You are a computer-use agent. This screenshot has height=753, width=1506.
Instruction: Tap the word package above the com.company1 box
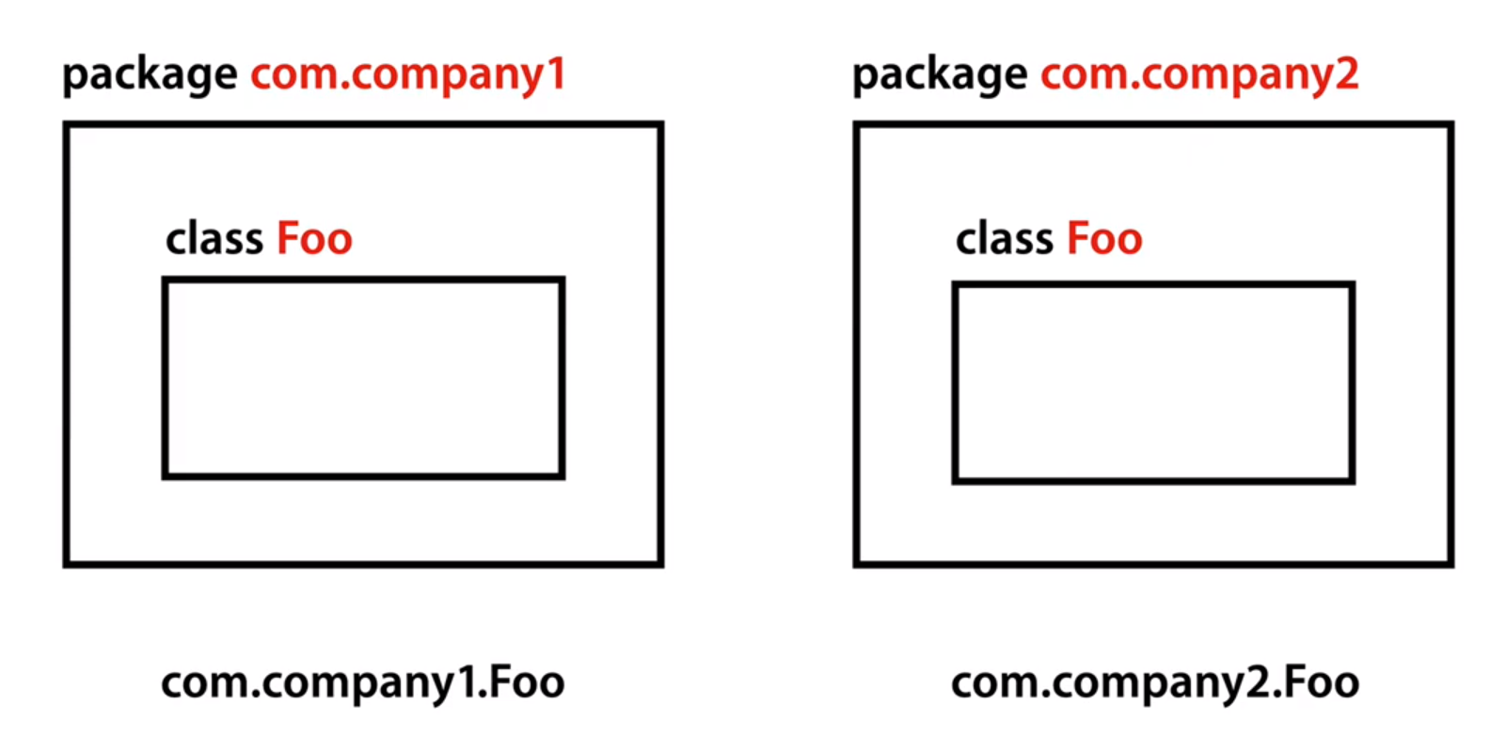pyautogui.click(x=150, y=75)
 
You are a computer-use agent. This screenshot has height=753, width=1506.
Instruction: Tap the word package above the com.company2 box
pyautogui.click(x=940, y=75)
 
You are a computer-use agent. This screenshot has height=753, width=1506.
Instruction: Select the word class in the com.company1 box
pyautogui.click(x=214, y=239)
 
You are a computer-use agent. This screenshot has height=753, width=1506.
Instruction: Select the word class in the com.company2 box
pyautogui.click(x=1005, y=239)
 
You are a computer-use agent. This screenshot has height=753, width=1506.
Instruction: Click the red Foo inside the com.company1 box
pyautogui.click(x=314, y=239)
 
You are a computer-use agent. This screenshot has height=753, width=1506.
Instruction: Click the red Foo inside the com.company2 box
pyautogui.click(x=1104, y=239)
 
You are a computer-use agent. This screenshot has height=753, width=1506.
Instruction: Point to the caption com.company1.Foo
pyautogui.click(x=363, y=683)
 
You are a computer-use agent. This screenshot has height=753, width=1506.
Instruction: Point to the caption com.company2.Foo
pyautogui.click(x=1155, y=683)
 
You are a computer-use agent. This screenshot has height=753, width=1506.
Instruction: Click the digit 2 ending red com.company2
pyautogui.click(x=1347, y=73)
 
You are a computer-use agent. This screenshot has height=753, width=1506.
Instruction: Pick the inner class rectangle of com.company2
pyautogui.click(x=1153, y=382)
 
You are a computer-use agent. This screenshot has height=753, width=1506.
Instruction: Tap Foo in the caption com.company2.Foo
pyautogui.click(x=1322, y=681)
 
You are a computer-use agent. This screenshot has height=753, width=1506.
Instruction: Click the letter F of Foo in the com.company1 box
pyautogui.click(x=286, y=239)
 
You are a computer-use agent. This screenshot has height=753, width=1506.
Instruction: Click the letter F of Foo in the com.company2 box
pyautogui.click(x=1076, y=239)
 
